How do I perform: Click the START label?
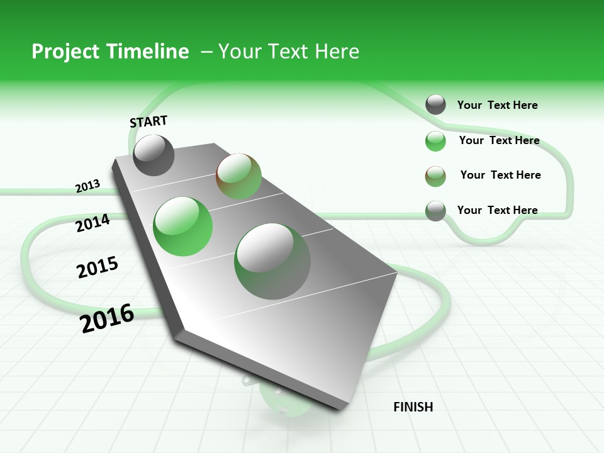coord(148,121)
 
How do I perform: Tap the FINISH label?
coord(413,407)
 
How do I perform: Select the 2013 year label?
coord(87,186)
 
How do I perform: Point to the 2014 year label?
coord(92,223)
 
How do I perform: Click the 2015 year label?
coord(98,267)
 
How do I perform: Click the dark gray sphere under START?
coord(154,155)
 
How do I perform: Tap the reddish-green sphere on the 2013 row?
coord(238,176)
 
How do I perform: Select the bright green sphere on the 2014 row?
coord(183,226)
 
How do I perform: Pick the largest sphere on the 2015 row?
coord(272,261)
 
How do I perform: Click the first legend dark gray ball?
coord(435,104)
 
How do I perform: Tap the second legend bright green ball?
coord(435,141)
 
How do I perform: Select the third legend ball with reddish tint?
coord(435,176)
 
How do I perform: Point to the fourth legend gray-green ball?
coord(435,211)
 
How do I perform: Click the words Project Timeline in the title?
coord(110,52)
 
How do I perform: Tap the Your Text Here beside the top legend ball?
coord(497,105)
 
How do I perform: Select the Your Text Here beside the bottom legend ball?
coord(497,210)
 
